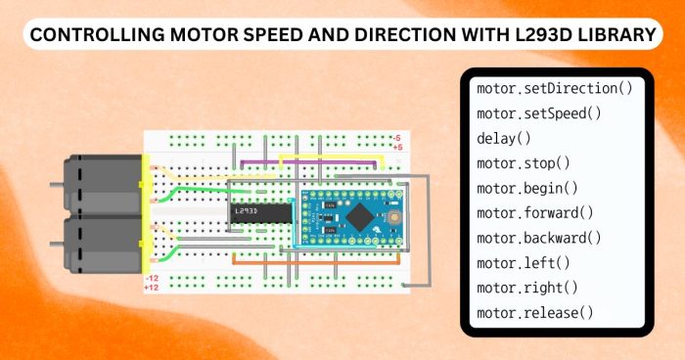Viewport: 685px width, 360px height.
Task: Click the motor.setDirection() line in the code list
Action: click(x=554, y=89)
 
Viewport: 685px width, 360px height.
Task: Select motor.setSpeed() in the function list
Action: click(x=538, y=113)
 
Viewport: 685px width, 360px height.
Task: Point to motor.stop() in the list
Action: click(x=523, y=163)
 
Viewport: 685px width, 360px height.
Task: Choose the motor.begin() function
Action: click(x=526, y=188)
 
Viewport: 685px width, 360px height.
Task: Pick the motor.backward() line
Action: click(x=538, y=238)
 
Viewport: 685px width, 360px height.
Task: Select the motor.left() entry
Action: click(x=523, y=263)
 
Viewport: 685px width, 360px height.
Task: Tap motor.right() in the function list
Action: click(x=526, y=288)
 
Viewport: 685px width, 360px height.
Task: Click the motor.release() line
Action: click(x=534, y=313)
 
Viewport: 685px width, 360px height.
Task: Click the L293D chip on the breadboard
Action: click(x=259, y=211)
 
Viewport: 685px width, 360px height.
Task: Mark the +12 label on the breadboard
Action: click(x=152, y=289)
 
